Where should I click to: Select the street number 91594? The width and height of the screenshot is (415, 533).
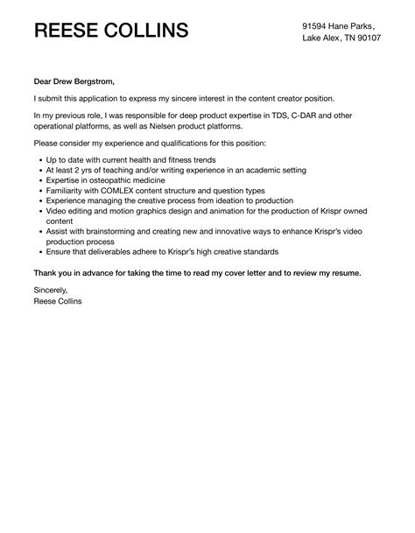(317, 25)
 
